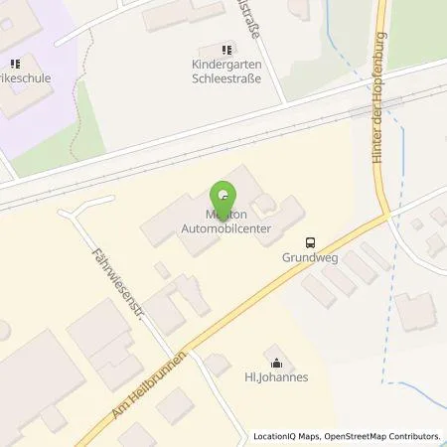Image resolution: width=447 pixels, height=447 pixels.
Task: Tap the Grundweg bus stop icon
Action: tap(311, 241)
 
